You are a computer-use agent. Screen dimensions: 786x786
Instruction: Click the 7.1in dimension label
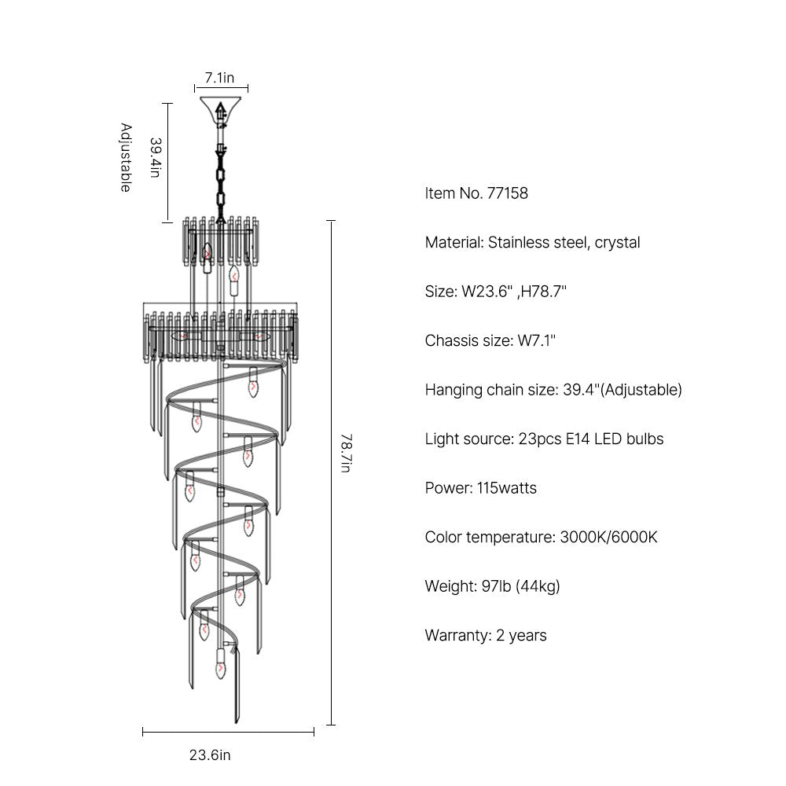[x=219, y=78]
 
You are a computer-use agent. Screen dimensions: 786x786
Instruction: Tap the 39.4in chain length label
[x=156, y=157]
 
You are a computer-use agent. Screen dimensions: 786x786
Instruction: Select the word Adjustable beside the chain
[x=126, y=157]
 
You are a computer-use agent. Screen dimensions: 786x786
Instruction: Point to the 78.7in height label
[x=347, y=454]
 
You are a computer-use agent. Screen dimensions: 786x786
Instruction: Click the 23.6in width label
[x=210, y=755]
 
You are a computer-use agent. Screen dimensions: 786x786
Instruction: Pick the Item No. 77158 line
[x=476, y=193]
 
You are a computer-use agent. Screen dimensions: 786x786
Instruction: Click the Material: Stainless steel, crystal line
[x=532, y=243]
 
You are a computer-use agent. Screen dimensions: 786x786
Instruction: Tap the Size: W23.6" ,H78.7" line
[x=496, y=292]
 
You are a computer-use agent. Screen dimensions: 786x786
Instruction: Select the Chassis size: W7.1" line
[x=490, y=341]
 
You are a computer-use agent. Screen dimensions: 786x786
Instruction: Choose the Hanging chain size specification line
[x=553, y=390]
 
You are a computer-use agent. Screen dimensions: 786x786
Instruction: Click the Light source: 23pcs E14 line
[x=544, y=439]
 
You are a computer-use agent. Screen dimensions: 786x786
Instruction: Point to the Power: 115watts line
[x=481, y=488]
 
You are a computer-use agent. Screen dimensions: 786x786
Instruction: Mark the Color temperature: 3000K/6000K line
[x=541, y=538]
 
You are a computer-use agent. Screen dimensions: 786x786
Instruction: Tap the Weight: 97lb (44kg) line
[x=492, y=586]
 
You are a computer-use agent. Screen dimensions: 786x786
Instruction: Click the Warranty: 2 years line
[x=486, y=636]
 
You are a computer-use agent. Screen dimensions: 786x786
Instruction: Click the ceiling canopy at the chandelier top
[x=221, y=106]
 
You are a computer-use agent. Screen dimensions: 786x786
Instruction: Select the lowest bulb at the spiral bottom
[x=221, y=663]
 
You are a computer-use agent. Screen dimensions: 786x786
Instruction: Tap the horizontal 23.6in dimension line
[x=228, y=732]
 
